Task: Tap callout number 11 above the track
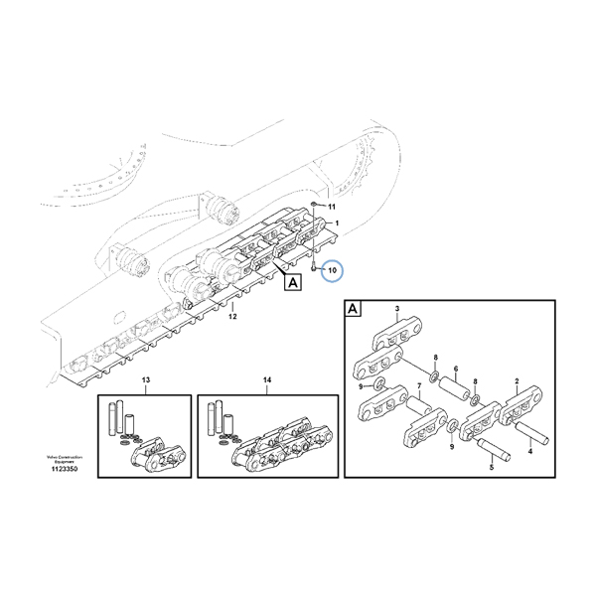[332, 206]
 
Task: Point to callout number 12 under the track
[232, 317]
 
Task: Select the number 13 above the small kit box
[145, 381]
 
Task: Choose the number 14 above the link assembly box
[266, 381]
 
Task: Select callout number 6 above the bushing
[456, 370]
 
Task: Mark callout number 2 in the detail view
[517, 381]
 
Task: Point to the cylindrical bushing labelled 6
[457, 388]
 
